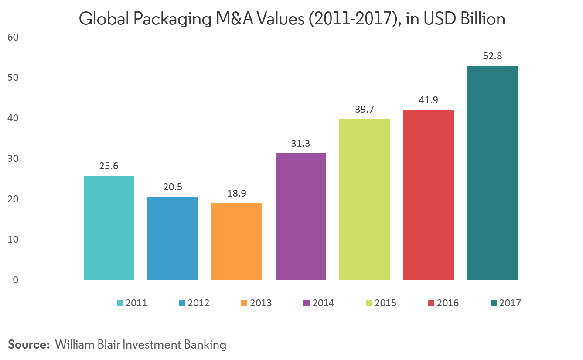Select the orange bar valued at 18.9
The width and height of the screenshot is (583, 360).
pos(236,242)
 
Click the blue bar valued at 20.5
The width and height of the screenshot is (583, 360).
pos(172,239)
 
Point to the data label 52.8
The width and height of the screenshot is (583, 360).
pos(492,56)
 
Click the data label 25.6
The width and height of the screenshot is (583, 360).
pos(109,166)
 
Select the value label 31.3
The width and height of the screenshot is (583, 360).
pos(300,143)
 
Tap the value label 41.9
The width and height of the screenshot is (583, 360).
pos(428,100)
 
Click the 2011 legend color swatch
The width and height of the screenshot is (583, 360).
pos(120,303)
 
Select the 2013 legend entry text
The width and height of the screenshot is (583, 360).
pos(261,303)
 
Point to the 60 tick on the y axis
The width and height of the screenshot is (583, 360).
pos(13,38)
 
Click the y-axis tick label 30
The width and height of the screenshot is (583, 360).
pos(13,159)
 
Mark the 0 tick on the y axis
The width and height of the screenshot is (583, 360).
pos(15,280)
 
